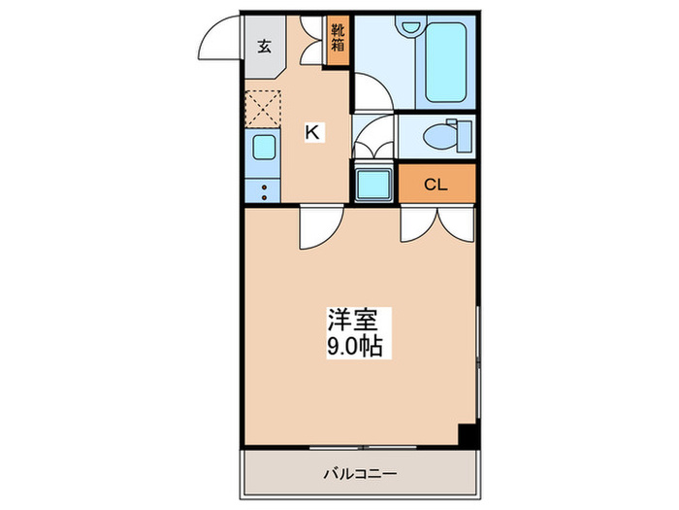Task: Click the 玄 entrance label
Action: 264,45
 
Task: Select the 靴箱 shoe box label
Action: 338,39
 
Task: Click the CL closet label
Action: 436,185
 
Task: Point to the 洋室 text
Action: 345,319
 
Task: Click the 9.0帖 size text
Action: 352,343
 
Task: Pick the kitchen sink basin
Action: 262,148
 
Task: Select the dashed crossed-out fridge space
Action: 261,108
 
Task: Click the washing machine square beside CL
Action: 373,183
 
